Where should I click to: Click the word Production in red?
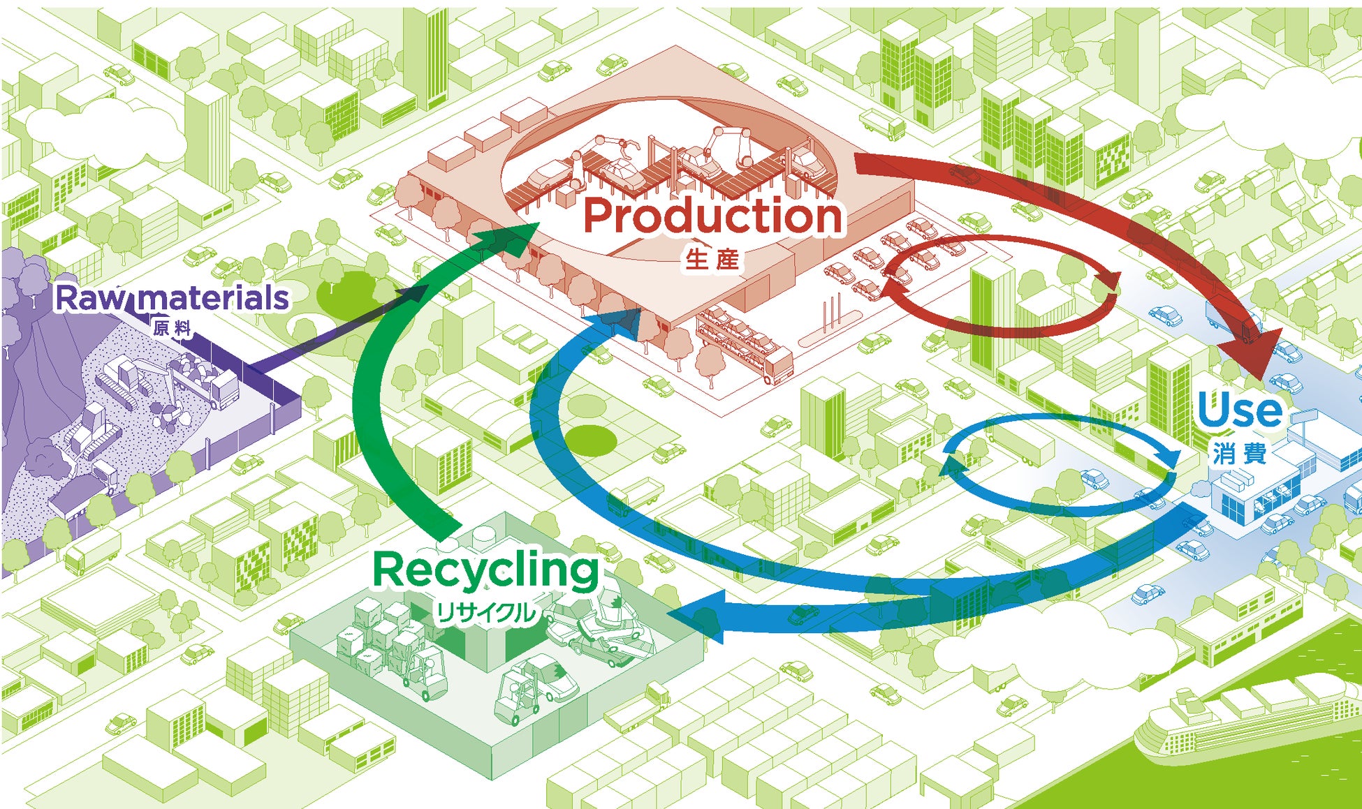click(712, 216)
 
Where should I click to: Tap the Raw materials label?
click(172, 298)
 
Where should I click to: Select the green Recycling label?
click(486, 570)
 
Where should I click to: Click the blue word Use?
click(1240, 410)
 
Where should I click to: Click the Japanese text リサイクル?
click(486, 613)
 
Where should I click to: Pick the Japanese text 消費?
click(1240, 454)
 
